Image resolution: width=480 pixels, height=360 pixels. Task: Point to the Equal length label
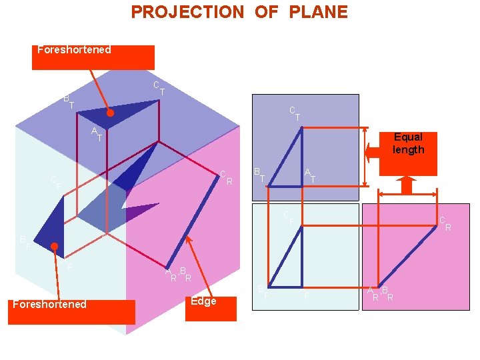408,143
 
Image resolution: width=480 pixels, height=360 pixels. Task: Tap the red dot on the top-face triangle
111,113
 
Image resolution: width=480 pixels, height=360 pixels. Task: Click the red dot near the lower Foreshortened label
55,247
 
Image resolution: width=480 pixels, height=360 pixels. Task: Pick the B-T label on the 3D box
68,101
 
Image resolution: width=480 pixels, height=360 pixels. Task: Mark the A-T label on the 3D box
97,133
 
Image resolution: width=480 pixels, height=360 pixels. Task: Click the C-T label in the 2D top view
294,113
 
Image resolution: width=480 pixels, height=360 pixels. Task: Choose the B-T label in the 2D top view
259,175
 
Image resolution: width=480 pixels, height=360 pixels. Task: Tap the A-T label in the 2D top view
309,175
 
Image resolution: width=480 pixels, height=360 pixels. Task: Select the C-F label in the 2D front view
288,217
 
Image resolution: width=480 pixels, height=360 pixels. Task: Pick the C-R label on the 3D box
226,177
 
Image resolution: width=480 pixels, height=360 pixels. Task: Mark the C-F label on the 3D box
56,182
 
